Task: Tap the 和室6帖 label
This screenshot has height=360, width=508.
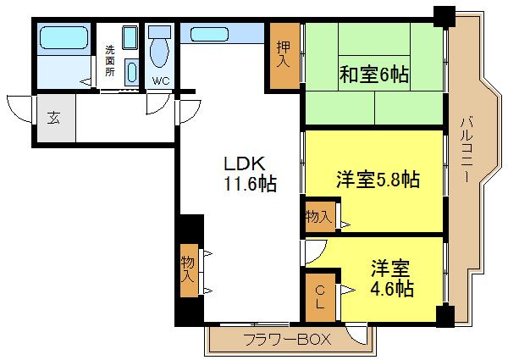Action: tap(375, 75)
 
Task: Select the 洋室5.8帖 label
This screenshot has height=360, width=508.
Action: tap(378, 180)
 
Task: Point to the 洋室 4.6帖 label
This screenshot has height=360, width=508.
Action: tap(390, 279)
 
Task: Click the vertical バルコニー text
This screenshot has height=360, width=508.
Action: tap(467, 150)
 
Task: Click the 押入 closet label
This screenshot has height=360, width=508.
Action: tap(283, 54)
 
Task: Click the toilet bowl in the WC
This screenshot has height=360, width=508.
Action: tap(158, 51)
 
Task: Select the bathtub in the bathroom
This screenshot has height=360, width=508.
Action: tap(63, 39)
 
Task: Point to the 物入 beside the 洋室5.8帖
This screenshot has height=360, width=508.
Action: tap(319, 217)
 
